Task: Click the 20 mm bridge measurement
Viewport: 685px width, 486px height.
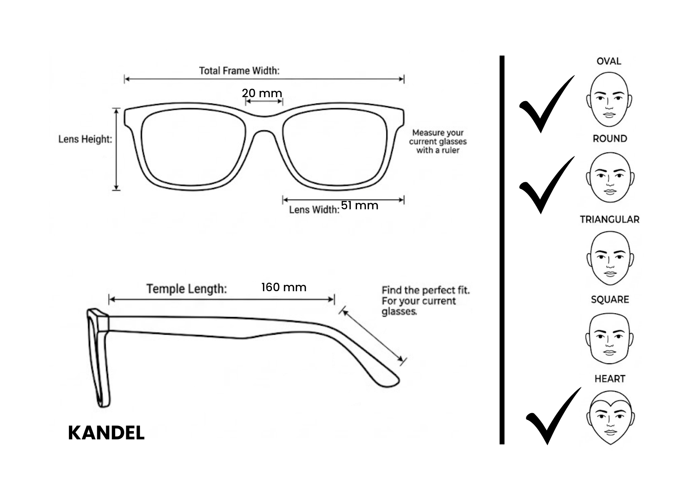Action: point(262,93)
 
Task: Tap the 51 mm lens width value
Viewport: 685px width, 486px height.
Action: point(359,205)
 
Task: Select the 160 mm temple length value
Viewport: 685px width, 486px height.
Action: point(284,287)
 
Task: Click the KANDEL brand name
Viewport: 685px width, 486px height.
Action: point(106,433)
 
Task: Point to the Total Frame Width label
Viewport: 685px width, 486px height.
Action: point(239,71)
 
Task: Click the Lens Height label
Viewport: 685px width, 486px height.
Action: point(85,139)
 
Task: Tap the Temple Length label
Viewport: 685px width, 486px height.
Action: point(187,289)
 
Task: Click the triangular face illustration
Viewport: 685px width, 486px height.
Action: point(610,258)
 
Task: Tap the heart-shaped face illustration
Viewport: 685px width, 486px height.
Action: point(610,417)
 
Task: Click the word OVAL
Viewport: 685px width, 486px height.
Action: point(609,61)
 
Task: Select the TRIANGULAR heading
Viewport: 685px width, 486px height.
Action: point(609,219)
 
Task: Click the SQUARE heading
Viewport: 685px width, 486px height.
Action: point(610,299)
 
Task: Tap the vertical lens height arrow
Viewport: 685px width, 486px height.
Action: point(116,149)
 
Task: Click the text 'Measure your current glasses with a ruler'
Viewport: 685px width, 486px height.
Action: point(438,141)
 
